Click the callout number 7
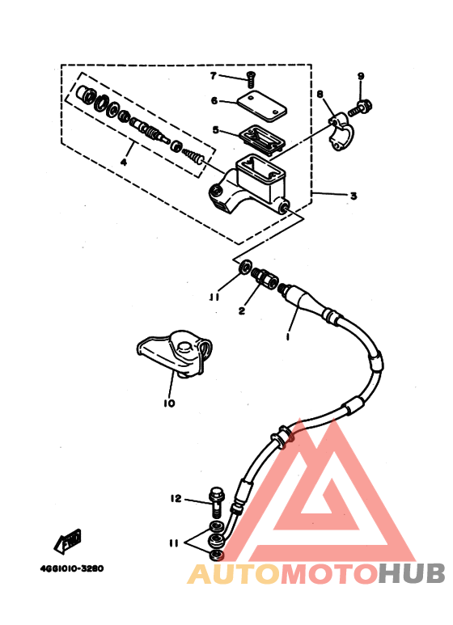(x=214, y=75)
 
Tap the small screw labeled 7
(x=251, y=80)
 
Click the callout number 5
(x=216, y=130)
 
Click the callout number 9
(x=361, y=76)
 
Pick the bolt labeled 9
(x=360, y=108)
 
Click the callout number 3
(x=354, y=196)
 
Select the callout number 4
(x=124, y=163)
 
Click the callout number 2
(x=242, y=311)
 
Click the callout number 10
(x=170, y=403)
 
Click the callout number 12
(x=176, y=498)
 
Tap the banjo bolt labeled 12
(x=217, y=502)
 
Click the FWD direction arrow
(x=68, y=541)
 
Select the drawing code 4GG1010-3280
(x=72, y=568)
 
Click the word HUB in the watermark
(x=411, y=574)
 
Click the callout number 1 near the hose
(x=288, y=337)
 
